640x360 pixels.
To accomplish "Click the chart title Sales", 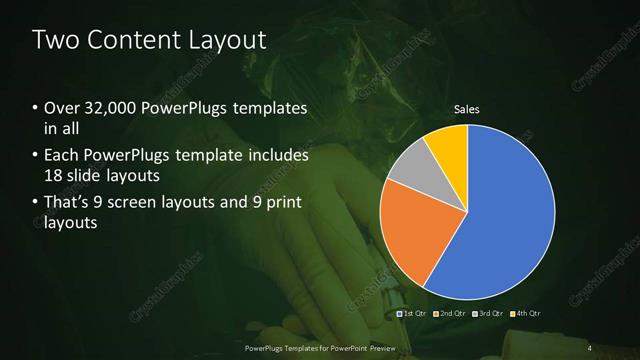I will coord(467,107).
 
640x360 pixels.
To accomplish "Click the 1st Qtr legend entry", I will coord(415,313).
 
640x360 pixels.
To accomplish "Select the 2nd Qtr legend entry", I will coord(451,313).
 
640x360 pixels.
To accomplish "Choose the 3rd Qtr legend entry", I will coord(488,313).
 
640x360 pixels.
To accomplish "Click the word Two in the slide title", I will coord(56,41).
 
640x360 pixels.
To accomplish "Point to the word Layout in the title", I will coord(228,41).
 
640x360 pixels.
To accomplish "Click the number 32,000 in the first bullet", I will coord(111,108).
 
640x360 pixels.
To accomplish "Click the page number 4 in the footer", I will coord(590,347).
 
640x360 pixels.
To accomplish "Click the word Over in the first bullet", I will coord(63,108).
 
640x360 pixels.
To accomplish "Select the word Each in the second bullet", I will coord(63,155).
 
